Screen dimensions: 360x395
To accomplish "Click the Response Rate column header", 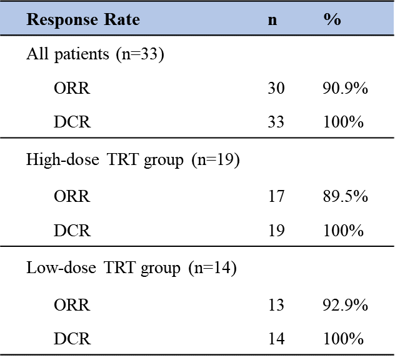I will click(82, 19).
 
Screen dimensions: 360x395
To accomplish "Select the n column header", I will click(272, 19).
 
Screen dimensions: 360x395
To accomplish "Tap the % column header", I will click(332, 19).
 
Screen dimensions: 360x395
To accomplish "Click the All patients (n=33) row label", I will click(95, 54).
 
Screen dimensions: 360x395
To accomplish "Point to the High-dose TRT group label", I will click(133, 160).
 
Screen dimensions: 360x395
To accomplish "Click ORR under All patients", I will click(72, 88).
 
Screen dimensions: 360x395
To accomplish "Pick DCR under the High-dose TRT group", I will click(72, 231).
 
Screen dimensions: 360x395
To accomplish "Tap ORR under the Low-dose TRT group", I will click(72, 305).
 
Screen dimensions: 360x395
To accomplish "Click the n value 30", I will click(276, 88).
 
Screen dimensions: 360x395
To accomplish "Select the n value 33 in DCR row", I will click(276, 122).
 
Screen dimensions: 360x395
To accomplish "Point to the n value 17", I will click(276, 196).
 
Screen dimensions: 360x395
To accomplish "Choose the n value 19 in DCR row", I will click(276, 231).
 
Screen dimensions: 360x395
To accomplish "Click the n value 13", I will click(276, 305).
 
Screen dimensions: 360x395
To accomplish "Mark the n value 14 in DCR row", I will click(276, 339).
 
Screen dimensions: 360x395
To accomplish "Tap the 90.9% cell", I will click(344, 88).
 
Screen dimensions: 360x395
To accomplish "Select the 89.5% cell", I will click(344, 196).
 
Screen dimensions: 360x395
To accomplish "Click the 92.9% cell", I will click(344, 305).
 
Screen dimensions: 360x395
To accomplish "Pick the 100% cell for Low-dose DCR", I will click(342, 339).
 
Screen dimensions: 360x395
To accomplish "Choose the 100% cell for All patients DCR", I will click(342, 122).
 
